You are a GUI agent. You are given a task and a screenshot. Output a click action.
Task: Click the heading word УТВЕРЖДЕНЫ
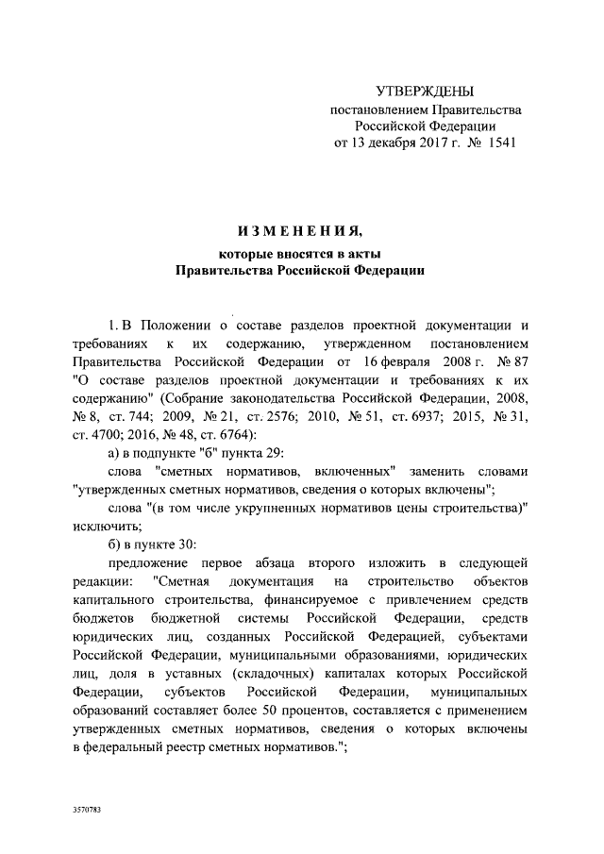[x=424, y=92]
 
